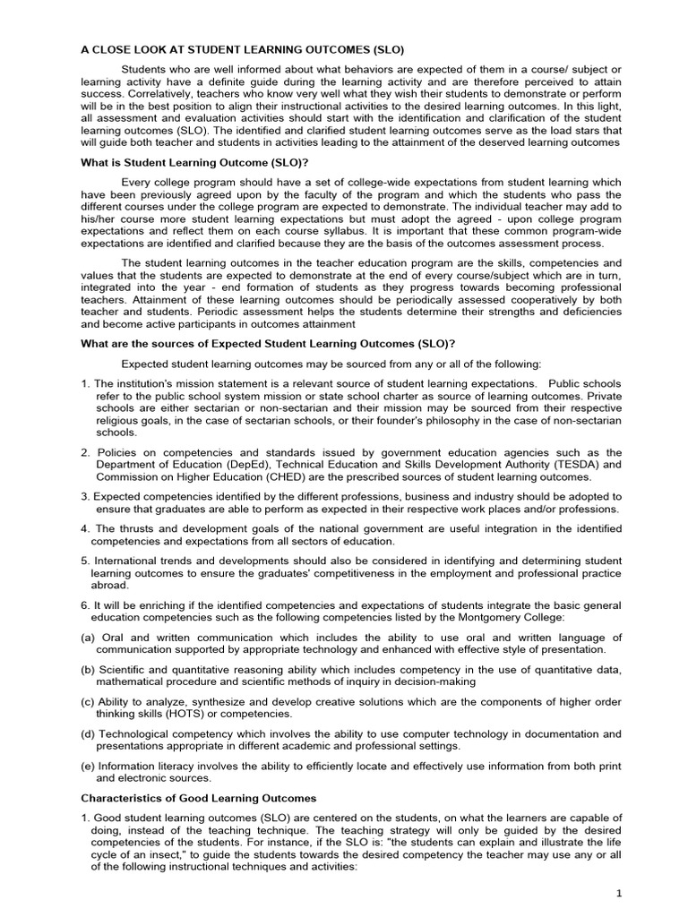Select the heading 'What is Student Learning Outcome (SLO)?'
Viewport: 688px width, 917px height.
coord(195,161)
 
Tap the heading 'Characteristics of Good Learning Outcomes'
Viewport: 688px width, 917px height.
coord(198,797)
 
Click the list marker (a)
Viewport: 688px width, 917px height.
coord(89,637)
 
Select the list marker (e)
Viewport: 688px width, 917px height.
coord(89,767)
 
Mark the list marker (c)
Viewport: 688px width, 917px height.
coord(88,701)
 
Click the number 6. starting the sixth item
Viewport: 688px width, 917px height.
coord(85,605)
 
